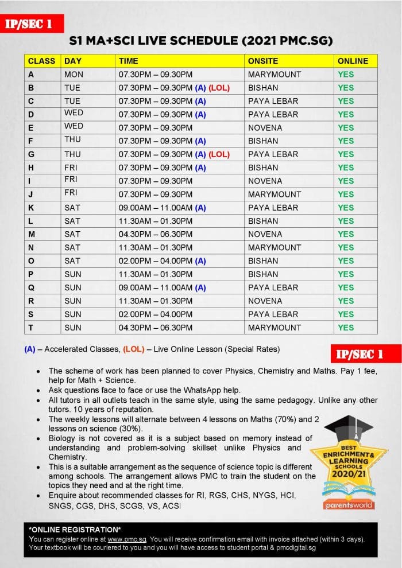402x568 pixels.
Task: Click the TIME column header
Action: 128,61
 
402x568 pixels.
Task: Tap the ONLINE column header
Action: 353,61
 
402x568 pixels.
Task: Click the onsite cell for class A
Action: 274,74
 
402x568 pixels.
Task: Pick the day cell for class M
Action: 72,234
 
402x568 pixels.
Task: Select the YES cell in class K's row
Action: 346,208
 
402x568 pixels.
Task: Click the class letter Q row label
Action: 31,287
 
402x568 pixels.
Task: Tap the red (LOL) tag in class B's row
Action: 219,88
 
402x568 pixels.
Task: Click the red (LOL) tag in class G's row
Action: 219,154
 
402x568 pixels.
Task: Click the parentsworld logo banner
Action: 349,505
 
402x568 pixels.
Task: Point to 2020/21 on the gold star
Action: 349,476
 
